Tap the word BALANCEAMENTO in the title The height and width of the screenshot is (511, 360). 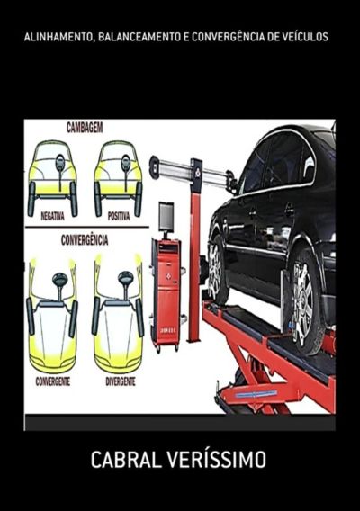(139, 37)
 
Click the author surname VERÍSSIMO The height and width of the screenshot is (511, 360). (217, 460)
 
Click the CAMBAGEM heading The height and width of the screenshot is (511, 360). (85, 128)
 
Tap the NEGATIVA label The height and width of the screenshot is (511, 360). (52, 216)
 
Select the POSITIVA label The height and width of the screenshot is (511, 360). (119, 216)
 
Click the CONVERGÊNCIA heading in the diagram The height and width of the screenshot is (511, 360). (85, 240)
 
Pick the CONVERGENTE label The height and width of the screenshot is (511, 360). (53, 381)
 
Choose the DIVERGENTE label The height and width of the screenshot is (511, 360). (121, 381)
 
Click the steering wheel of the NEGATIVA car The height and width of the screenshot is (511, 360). (60, 162)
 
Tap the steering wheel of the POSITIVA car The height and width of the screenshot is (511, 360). (125, 163)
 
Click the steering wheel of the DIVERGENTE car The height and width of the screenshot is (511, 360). (126, 278)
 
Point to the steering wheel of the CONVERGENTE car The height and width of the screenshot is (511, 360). (60, 279)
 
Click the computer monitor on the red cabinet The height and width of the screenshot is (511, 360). (166, 217)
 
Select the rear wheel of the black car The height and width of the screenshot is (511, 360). (217, 269)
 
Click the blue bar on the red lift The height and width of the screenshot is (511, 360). (256, 394)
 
